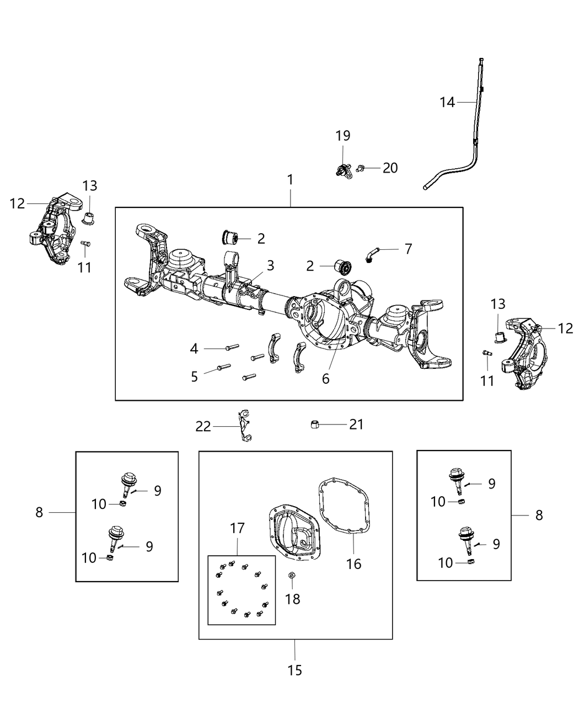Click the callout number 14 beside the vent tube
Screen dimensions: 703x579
(447, 102)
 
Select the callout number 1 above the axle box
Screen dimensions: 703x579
(290, 180)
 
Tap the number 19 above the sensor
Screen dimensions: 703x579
(342, 136)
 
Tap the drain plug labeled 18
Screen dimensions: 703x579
(292, 576)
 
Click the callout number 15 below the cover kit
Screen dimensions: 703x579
(295, 670)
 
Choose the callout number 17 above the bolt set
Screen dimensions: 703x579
(237, 528)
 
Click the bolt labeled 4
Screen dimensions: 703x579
(232, 347)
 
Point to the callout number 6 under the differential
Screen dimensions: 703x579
(326, 379)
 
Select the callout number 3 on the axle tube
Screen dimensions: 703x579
(270, 266)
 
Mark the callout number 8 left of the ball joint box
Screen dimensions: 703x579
(39, 512)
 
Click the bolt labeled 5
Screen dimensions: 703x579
(224, 367)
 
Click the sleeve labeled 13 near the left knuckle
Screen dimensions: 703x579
(89, 217)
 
